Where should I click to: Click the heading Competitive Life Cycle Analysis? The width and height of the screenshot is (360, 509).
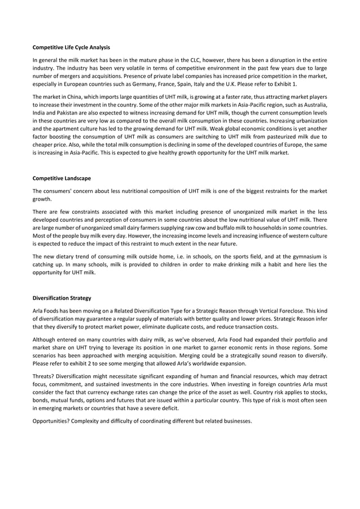[71, 47]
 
